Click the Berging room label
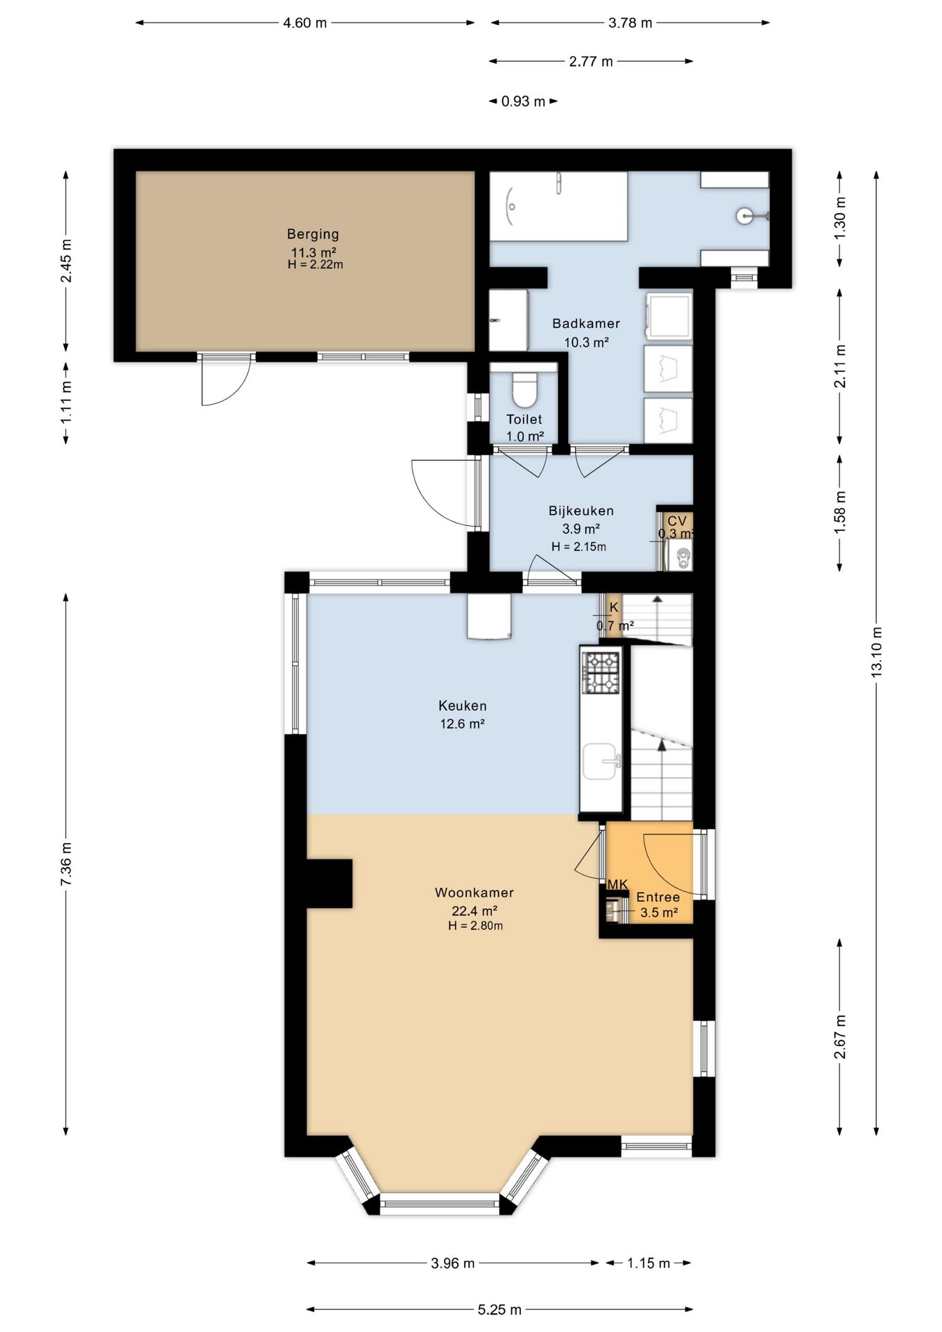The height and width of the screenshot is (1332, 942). tap(313, 234)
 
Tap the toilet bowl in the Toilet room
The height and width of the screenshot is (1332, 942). tap(525, 390)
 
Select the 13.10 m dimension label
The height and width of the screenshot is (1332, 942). tap(877, 652)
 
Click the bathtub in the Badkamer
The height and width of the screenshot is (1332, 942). tap(558, 206)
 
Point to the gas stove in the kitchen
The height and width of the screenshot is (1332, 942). tap(601, 672)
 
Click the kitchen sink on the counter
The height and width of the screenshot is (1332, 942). tap(601, 762)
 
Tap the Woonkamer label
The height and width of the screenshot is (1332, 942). tap(474, 893)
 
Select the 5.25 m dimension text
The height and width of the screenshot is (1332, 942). tap(499, 1310)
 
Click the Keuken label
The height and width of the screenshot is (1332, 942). tap(463, 706)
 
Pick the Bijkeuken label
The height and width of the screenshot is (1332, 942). tap(581, 511)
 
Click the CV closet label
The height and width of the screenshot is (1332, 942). tap(677, 521)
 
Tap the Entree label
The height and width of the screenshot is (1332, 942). tap(658, 897)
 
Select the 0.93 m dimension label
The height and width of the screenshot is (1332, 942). tap(524, 101)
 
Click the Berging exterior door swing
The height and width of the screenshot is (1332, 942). tap(225, 382)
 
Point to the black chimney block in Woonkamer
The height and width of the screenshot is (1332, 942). tap(329, 883)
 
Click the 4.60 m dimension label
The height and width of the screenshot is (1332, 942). tap(305, 23)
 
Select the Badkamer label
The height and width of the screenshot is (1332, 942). tap(586, 323)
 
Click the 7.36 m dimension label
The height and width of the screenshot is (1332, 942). tap(67, 864)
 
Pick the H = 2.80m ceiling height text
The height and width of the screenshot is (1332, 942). tap(476, 926)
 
